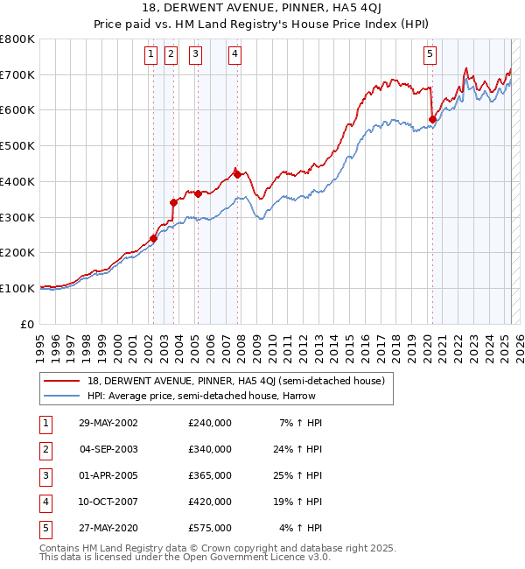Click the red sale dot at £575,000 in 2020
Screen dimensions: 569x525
tap(432, 119)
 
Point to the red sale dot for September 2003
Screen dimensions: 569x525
tap(173, 202)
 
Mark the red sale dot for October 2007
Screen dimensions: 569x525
tap(237, 174)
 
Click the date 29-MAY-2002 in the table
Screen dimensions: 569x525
tap(108, 423)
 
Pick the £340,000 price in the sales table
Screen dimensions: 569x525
tap(210, 449)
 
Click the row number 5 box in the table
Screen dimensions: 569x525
tap(45, 528)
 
